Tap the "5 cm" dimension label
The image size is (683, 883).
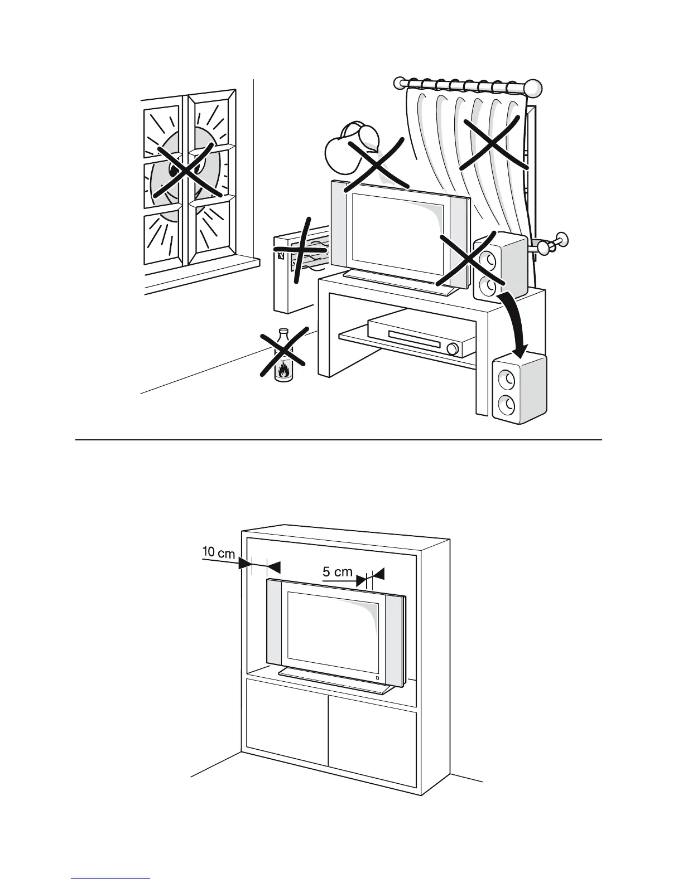(x=338, y=571)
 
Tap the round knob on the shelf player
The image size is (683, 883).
(x=452, y=349)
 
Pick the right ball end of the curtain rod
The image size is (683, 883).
(x=534, y=88)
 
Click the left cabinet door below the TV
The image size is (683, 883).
(x=287, y=730)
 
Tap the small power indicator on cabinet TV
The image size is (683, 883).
(x=377, y=677)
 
